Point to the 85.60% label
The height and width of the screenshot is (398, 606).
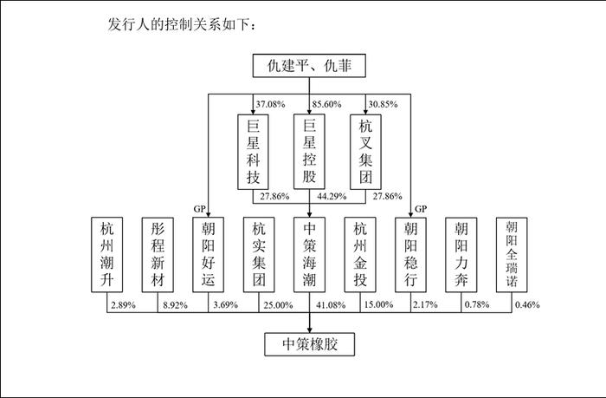coord(327,104)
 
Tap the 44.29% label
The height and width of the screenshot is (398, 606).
coord(332,196)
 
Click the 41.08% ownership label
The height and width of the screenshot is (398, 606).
coord(331,305)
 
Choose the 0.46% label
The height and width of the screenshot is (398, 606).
coord(527,305)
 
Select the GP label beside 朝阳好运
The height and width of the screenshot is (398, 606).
coord(199,209)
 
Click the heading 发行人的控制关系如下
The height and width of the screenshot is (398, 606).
coord(182,24)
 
